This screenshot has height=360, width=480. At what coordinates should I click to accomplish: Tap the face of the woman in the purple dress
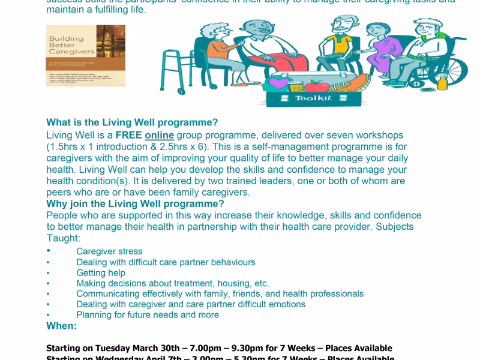coord(375,32)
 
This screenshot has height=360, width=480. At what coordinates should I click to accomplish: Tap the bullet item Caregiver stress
coord(109,251)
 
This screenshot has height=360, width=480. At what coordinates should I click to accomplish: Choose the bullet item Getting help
coord(101,273)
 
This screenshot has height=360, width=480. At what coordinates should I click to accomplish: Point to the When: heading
coord(61,326)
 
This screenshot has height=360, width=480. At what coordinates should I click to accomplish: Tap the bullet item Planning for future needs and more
coord(148,315)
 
